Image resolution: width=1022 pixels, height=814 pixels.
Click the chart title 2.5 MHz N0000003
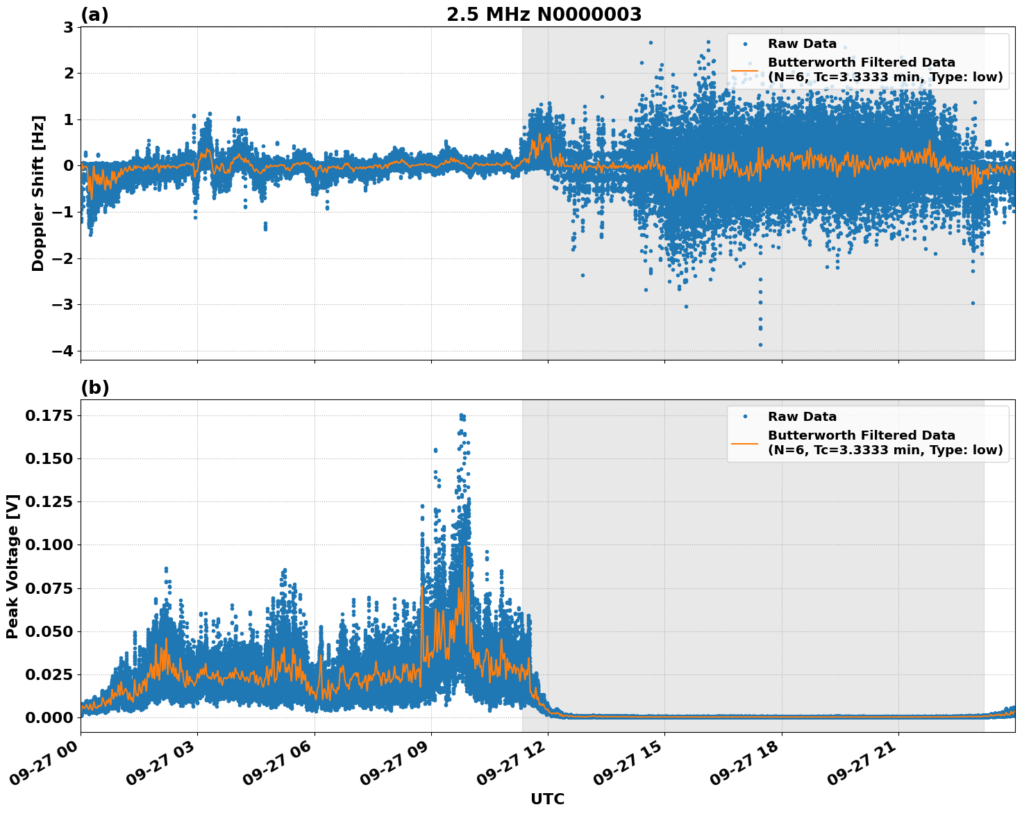pyautogui.click(x=544, y=15)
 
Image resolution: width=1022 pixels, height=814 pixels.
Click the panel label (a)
pyautogui.click(x=94, y=15)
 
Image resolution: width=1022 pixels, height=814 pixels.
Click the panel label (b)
pyautogui.click(x=95, y=388)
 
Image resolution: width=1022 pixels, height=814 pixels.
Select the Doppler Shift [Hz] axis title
pyautogui.click(x=38, y=193)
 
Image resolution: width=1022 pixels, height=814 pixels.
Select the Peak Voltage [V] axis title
pyautogui.click(x=12, y=566)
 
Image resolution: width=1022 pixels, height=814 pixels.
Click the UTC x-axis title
pyautogui.click(x=547, y=799)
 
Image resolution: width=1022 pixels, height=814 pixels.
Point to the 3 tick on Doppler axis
pyautogui.click(x=69, y=27)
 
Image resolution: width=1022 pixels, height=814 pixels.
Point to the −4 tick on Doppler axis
pyautogui.click(x=65, y=351)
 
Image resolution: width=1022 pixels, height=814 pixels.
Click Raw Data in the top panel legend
pyautogui.click(x=802, y=44)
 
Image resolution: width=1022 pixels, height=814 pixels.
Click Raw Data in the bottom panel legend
pyautogui.click(x=802, y=417)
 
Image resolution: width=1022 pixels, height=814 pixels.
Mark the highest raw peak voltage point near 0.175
pyautogui.click(x=462, y=415)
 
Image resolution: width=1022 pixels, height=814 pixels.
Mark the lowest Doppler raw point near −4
pyautogui.click(x=760, y=344)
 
